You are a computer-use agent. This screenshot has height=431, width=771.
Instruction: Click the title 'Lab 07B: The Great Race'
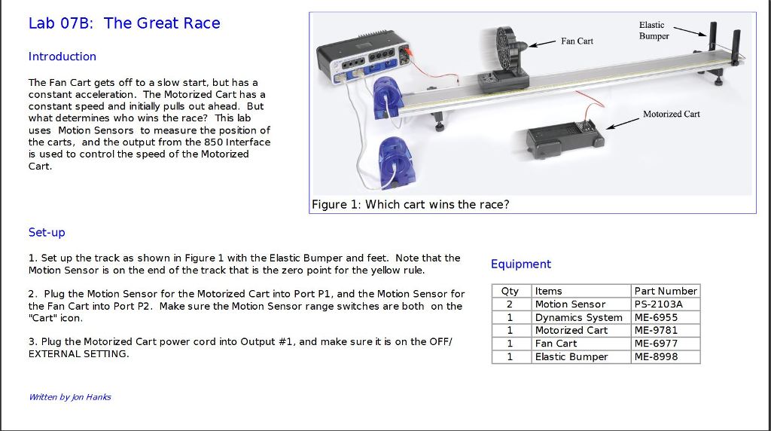[x=124, y=23]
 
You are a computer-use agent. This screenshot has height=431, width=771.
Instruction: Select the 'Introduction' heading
[x=62, y=57]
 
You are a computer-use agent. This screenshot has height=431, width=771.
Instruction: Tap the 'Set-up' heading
[x=47, y=232]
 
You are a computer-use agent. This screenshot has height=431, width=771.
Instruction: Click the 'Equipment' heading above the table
[x=520, y=264]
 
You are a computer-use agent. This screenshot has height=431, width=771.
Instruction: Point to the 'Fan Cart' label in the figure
[x=577, y=41]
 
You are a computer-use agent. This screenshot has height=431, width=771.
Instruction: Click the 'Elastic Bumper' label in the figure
[x=654, y=31]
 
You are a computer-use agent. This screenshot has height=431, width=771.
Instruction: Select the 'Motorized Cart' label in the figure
[x=671, y=114]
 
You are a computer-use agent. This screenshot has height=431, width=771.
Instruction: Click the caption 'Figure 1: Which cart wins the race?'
[x=410, y=205]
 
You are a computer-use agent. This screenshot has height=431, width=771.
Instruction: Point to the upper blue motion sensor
[x=390, y=98]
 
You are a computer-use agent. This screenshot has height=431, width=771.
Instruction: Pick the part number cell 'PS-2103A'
[x=657, y=304]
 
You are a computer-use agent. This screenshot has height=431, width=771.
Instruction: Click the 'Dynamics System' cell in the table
[x=578, y=317]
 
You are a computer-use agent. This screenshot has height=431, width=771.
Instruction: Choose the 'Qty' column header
[x=510, y=291]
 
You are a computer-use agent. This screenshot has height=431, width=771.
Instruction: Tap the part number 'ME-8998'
[x=656, y=356]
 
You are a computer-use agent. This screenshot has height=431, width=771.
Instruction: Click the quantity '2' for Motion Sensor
[x=510, y=304]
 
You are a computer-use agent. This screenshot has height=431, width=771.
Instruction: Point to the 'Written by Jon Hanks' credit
[x=69, y=397]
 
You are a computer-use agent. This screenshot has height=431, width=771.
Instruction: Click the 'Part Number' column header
[x=666, y=291]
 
